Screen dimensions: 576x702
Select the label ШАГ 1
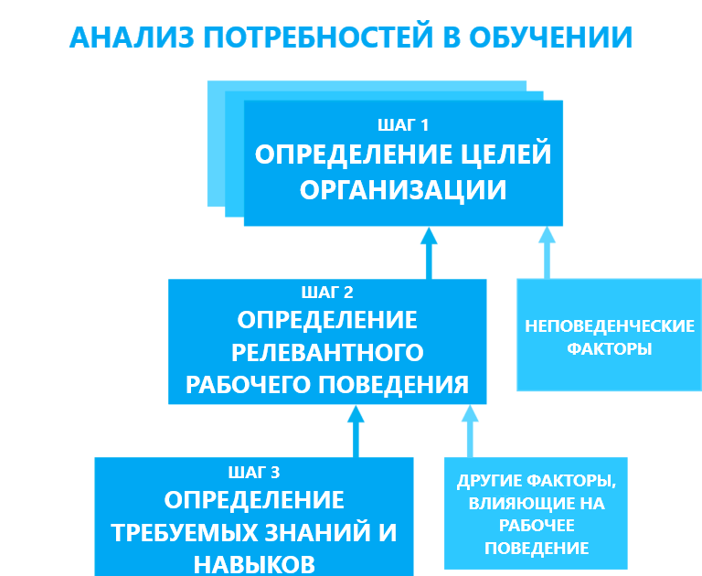point(403,124)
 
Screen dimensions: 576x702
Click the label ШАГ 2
point(327,293)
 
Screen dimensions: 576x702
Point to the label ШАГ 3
point(254,472)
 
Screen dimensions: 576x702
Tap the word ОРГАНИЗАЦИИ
point(403,190)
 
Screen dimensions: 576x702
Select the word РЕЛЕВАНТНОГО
point(327,353)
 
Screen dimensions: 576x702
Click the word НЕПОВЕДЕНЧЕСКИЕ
point(609,326)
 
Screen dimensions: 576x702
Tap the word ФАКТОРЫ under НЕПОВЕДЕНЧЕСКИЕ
point(609,349)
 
